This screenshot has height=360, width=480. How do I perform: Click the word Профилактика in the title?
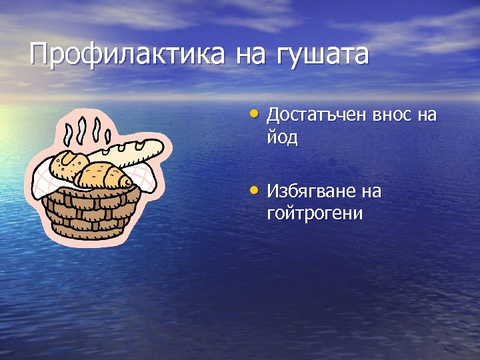click(127, 55)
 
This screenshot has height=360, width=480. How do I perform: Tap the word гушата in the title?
click(321, 55)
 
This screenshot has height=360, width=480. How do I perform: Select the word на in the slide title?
click(251, 55)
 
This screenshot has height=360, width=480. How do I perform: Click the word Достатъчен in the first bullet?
click(311, 115)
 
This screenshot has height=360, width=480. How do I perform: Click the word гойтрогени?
click(315, 214)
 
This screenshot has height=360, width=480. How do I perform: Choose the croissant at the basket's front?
click(103, 176)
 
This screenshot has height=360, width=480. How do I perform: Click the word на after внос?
click(427, 115)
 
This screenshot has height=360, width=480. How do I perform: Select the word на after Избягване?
click(371, 192)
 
